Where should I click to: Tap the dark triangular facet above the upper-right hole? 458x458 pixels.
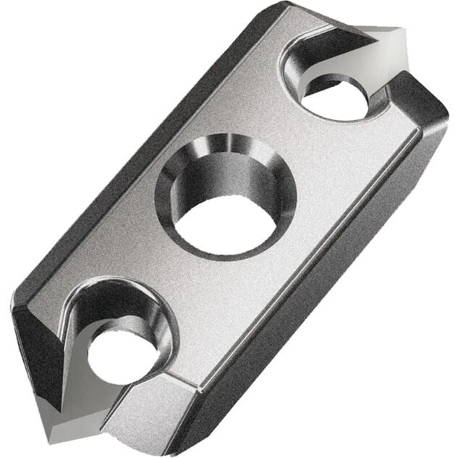click(x=318, y=29)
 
